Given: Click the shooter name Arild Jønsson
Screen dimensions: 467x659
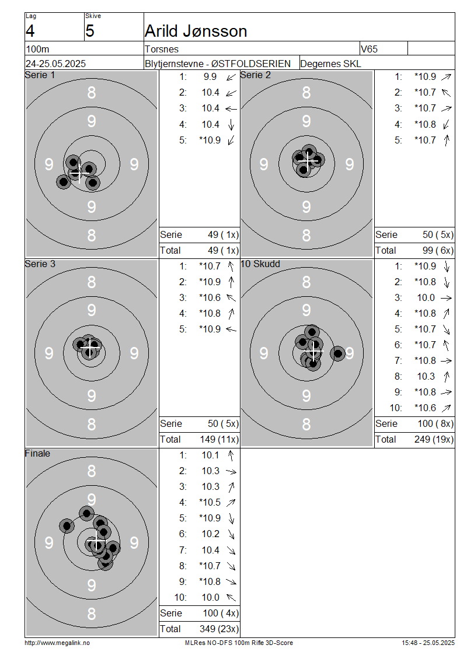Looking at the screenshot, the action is coord(196,31).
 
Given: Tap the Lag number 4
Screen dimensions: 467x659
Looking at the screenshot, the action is coord(30,31).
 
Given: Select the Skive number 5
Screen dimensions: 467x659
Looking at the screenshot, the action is coord(90,31).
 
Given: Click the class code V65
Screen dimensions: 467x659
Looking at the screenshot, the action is coord(369,49).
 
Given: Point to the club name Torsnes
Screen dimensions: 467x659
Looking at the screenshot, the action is coord(162,49).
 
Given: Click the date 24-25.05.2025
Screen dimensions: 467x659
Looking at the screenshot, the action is coord(55,64).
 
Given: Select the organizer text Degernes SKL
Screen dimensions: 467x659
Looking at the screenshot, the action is coord(330,64).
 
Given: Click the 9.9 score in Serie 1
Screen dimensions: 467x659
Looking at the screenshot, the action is coord(210,77).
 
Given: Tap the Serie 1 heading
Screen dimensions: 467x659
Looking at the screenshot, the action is coord(40,75).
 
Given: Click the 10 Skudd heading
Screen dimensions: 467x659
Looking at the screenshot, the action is coord(260,264).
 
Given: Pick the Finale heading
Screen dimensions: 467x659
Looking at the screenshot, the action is coord(37,454).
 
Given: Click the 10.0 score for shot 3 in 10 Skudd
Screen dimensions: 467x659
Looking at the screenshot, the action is coord(426,298).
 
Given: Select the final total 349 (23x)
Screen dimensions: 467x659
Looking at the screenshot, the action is coord(219,629).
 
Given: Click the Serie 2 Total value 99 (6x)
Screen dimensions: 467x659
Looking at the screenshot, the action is coord(438,251).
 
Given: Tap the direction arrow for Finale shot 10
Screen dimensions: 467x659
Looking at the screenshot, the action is coord(231,597).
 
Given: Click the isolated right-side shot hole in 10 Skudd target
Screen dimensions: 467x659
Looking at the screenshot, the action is coord(337,354).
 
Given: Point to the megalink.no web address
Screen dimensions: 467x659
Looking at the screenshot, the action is coord(57,643).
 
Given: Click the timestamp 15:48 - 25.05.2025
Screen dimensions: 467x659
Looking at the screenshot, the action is coord(428,643).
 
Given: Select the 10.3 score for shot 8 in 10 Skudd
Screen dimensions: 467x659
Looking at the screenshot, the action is coord(426,377).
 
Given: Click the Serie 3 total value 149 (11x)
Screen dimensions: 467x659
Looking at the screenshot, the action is coord(219,440).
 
